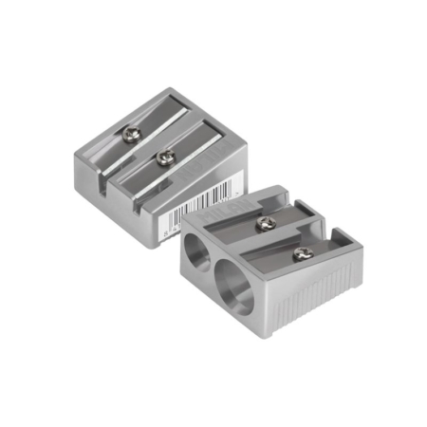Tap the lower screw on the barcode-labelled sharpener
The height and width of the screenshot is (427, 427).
coord(166,156)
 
